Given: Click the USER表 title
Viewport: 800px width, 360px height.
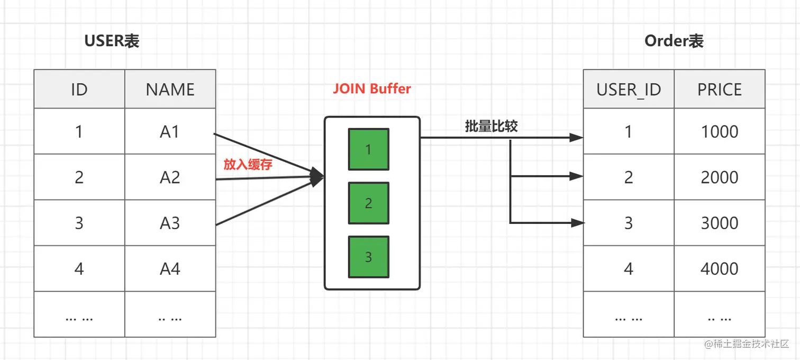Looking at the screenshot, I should (112, 41).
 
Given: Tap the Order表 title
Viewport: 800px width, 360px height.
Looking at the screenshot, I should (674, 41).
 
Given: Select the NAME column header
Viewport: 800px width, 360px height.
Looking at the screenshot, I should (170, 89).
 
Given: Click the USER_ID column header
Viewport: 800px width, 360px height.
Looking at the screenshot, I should (629, 89).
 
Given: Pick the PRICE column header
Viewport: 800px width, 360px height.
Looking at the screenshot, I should (719, 89).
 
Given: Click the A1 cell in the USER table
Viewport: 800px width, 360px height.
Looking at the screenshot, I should (170, 131).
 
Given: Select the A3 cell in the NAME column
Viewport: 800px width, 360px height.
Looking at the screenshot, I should (170, 223).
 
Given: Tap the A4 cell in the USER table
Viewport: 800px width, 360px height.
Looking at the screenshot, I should (170, 269).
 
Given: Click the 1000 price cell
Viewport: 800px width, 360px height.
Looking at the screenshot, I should (719, 131).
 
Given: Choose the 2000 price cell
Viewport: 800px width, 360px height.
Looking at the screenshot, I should (719, 177).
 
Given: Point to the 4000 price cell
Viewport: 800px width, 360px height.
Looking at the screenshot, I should (719, 269).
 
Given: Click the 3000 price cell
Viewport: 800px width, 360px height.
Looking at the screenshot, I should (719, 223).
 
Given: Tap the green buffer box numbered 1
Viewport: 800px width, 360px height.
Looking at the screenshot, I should (368, 149).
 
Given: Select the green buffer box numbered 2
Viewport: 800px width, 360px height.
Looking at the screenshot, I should (368, 203).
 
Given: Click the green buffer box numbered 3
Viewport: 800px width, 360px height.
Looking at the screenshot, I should (368, 257).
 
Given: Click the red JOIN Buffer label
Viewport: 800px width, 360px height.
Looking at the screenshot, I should (371, 88).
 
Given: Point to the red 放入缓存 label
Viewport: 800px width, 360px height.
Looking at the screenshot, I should (248, 165).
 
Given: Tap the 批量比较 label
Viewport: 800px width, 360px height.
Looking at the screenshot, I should (491, 126).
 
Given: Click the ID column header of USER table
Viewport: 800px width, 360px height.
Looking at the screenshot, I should (79, 89).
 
